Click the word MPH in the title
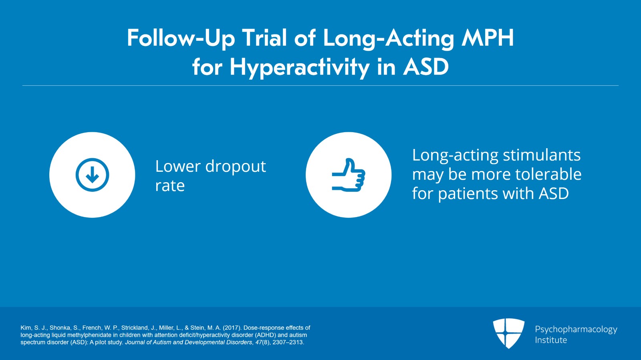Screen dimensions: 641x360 click(488, 38)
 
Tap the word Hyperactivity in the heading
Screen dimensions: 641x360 click(299, 68)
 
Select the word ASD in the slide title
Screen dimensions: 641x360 click(426, 66)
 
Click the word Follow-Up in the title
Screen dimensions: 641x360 click(181, 38)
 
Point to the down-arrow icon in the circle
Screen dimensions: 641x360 click(92, 175)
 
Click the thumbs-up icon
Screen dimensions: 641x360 click(348, 175)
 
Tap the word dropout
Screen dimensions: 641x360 click(236, 167)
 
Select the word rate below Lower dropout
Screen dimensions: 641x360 click(170, 186)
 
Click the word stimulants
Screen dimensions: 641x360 click(542, 155)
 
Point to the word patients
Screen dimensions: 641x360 click(468, 193)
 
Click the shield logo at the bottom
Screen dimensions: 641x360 click(508, 334)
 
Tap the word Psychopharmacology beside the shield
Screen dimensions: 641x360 click(576, 330)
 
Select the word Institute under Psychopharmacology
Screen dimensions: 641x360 click(551, 340)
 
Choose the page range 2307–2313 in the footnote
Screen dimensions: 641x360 click(288, 342)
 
